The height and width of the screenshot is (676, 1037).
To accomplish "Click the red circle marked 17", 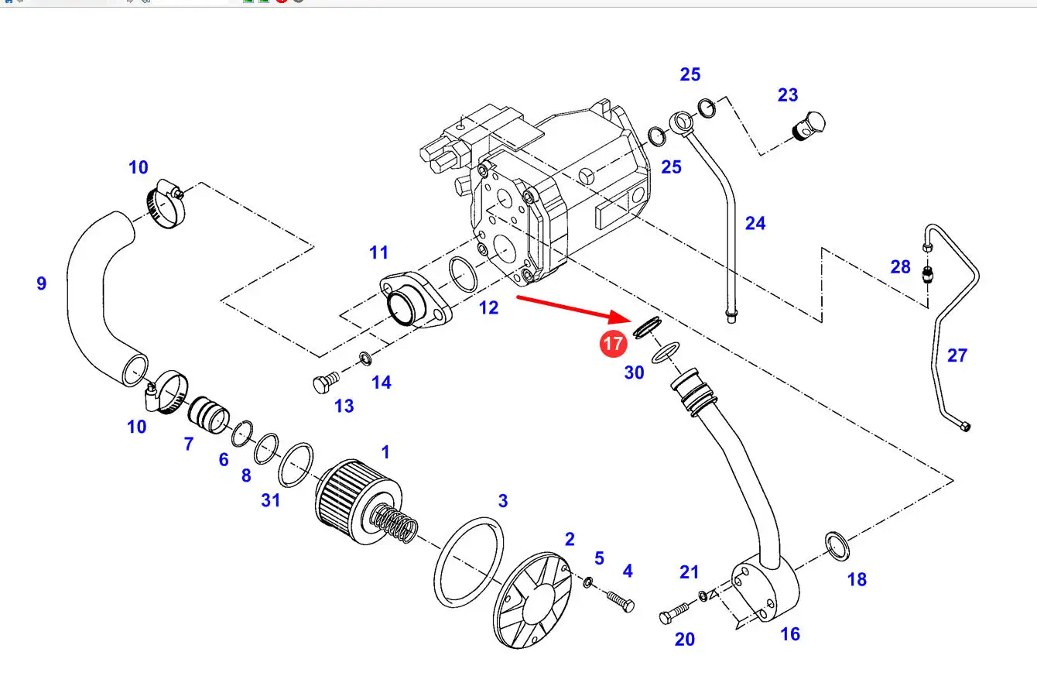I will point(613,343).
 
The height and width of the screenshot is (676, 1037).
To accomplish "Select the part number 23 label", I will point(788,95).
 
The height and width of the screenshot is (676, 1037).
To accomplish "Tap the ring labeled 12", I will point(463,275).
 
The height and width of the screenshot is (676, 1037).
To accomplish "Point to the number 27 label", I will point(957,355).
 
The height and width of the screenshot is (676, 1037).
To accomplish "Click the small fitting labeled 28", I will point(929,274).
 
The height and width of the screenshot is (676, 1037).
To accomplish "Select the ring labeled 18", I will point(837,545).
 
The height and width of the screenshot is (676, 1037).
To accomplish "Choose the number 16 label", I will point(790,634).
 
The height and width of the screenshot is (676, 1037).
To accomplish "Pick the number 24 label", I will point(755,223).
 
